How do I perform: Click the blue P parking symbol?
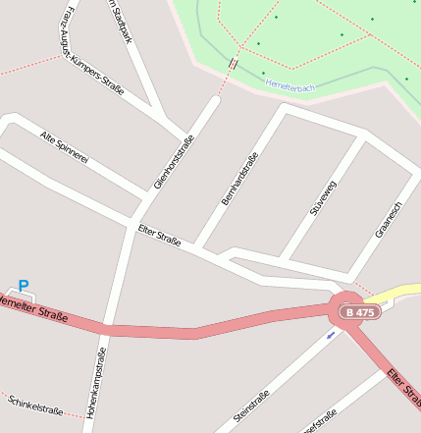tap(24, 286)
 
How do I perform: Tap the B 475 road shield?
tap(360, 312)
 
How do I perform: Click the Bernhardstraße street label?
tap(238, 179)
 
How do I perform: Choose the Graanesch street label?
tap(390, 220)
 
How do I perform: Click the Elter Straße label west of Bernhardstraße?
tap(159, 236)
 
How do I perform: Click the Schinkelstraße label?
tap(34, 406)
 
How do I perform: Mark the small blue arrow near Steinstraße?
tap(331, 334)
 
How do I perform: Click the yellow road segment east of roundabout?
tap(396, 292)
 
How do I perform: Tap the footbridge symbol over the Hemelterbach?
tap(233, 63)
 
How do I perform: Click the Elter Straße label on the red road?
tap(403, 389)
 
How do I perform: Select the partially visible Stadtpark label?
tap(117, 22)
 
